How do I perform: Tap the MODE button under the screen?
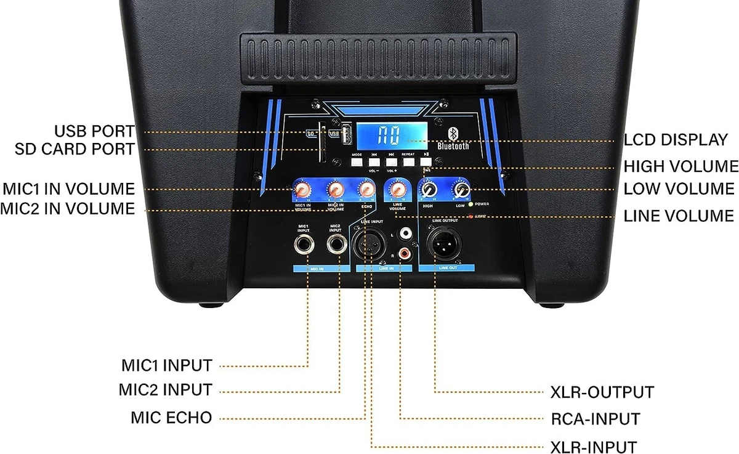[x=357, y=162]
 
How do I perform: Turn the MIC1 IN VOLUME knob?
[x=304, y=188]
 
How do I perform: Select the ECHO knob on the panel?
[x=367, y=188]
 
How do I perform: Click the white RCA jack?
[x=406, y=233]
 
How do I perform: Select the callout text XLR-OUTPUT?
[x=602, y=392]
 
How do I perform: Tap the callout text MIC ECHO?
[x=171, y=418]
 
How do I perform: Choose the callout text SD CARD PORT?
[x=74, y=149]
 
